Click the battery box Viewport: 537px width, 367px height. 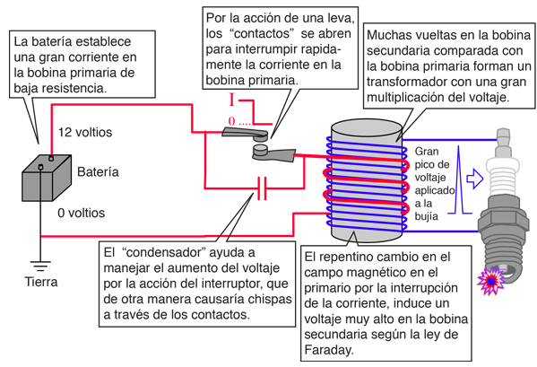coord(47,179)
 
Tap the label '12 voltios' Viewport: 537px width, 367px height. coord(85,132)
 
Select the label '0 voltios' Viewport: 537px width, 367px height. coord(82,213)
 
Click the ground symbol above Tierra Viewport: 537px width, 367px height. coord(40,266)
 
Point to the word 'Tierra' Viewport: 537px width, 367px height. coord(41,282)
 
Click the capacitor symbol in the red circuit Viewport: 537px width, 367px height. coord(262,188)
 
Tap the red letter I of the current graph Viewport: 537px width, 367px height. coord(232,100)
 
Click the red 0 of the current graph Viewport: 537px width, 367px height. coord(232,121)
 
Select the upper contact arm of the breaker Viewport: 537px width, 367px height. coord(245,134)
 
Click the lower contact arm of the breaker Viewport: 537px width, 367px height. coord(273,153)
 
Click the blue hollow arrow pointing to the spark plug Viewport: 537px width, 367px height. coord(475,179)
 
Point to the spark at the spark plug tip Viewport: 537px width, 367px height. coord(491,281)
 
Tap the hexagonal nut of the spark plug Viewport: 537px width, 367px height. coord(502,220)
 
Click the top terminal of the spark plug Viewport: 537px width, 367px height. coord(503,137)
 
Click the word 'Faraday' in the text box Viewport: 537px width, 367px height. coord(328,350)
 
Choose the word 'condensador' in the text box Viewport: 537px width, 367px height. coord(163,252)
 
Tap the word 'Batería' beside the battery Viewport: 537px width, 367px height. coord(98,171)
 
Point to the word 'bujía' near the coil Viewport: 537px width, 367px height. coord(427,216)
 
